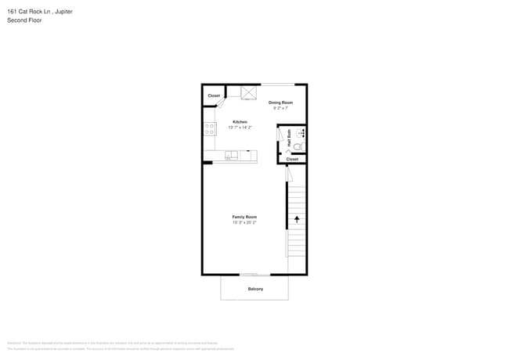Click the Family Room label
coord(244,217)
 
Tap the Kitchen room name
coord(240,121)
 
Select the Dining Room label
coord(280,103)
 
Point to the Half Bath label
coord(290,139)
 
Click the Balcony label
coord(255,289)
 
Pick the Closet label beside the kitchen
coord(214,96)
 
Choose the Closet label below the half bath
coord(292,159)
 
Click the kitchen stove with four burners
coord(210,128)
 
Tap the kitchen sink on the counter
coord(230,155)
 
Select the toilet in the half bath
coord(298,145)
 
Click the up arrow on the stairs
coord(297,219)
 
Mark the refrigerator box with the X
coord(249,92)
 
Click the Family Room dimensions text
coord(244,223)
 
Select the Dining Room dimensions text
coord(280,108)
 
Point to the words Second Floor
coord(23,20)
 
